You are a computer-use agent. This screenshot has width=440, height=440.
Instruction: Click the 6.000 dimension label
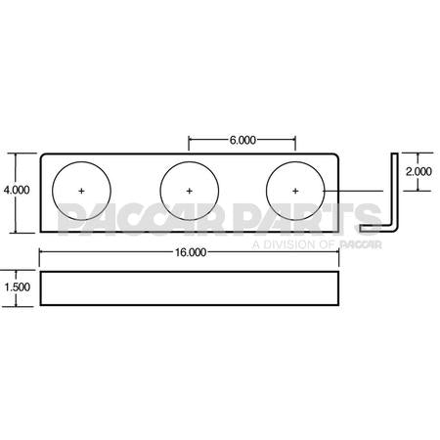pyautogui.click(x=242, y=141)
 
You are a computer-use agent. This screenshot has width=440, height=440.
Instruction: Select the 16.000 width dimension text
pyautogui.click(x=190, y=252)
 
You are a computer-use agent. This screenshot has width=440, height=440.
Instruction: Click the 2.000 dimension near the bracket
pyautogui.click(x=418, y=171)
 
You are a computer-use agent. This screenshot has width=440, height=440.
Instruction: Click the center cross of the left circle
pyautogui.click(x=82, y=188)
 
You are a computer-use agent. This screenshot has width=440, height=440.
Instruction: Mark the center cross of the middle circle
pyautogui.click(x=189, y=188)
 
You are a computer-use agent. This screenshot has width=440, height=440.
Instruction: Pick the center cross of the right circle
pyautogui.click(x=295, y=188)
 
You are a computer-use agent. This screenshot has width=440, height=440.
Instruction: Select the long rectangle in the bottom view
pyautogui.click(x=190, y=289)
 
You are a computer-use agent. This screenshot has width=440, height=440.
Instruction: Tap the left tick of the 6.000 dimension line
pyautogui.click(x=189, y=141)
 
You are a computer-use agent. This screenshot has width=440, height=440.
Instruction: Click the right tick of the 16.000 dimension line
pyautogui.click(x=339, y=252)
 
